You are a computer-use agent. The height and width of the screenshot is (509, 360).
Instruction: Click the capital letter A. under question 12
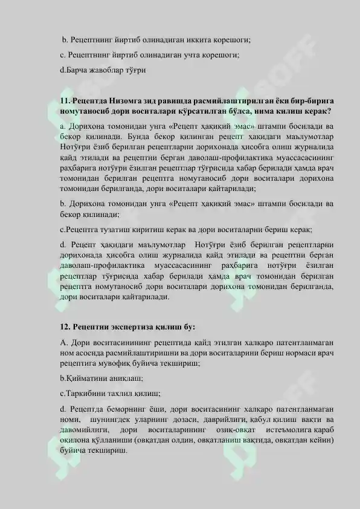coord(63,343)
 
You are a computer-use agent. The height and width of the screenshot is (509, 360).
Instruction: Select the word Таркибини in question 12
coord(87,393)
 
